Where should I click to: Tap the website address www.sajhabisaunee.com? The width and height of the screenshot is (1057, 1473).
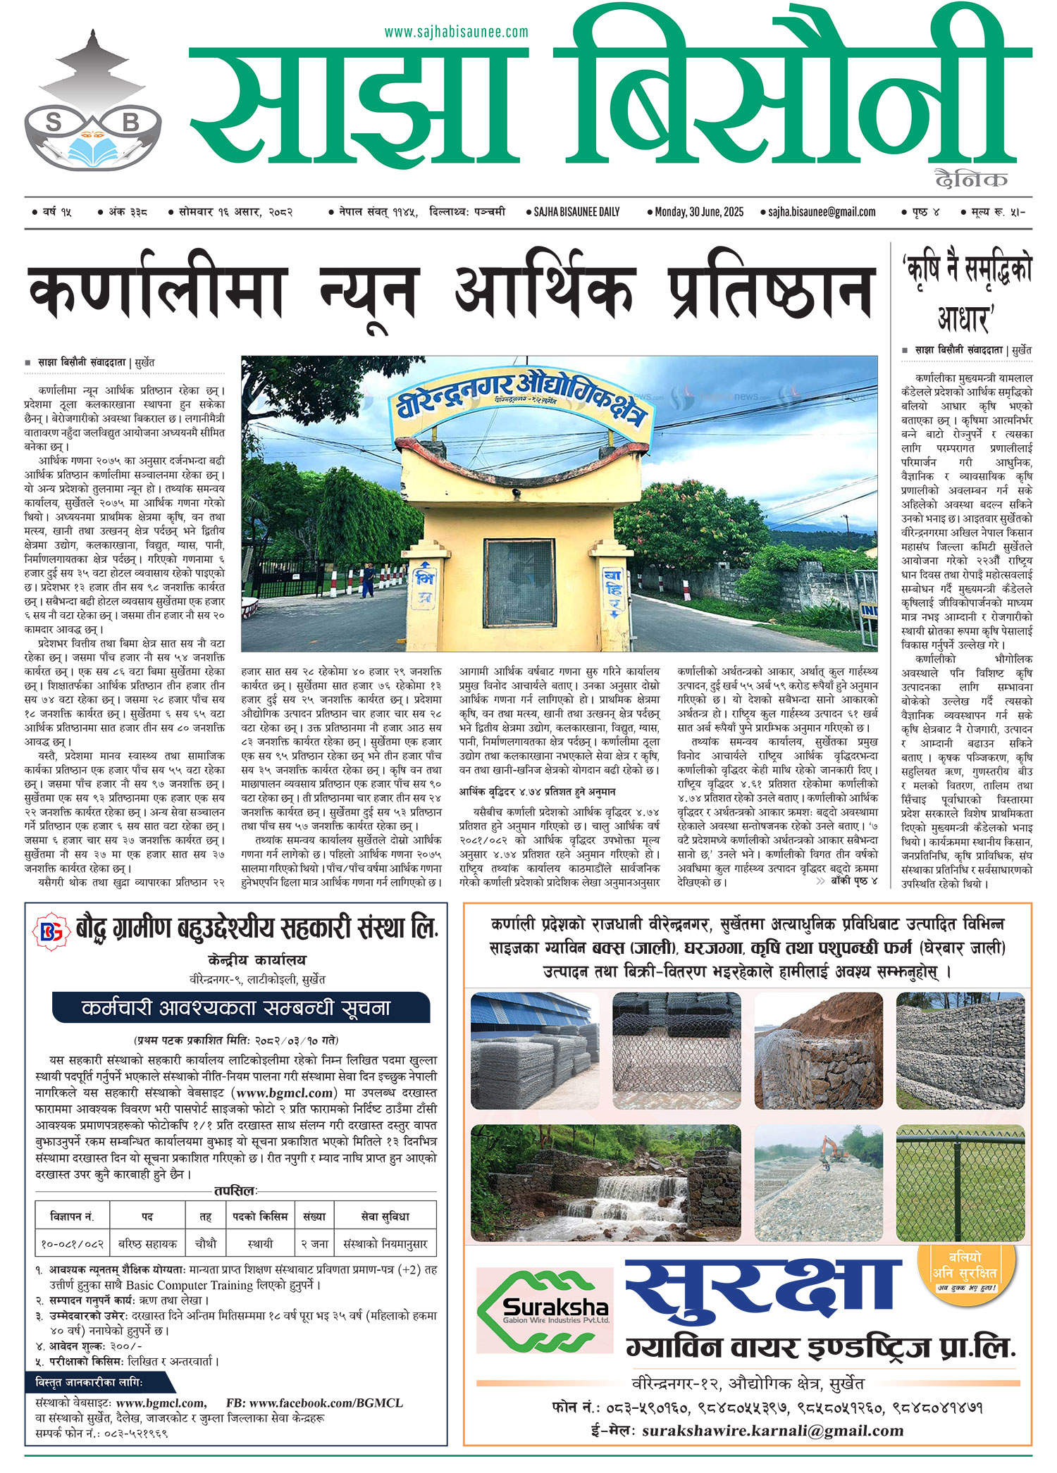[x=456, y=32]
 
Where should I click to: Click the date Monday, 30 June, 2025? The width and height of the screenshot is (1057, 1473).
[x=698, y=212]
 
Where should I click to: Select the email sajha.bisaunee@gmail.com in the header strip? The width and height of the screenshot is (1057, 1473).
[x=822, y=212]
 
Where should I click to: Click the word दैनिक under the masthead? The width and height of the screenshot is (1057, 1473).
[x=970, y=180]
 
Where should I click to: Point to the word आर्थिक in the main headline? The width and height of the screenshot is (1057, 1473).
[x=543, y=291]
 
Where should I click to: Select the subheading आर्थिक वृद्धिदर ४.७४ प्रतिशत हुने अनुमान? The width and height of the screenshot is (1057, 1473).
[x=537, y=792]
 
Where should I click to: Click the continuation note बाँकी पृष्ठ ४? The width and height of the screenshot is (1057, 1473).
[x=853, y=881]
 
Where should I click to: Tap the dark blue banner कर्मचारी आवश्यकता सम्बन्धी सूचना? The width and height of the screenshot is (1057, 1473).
[x=240, y=1007]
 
